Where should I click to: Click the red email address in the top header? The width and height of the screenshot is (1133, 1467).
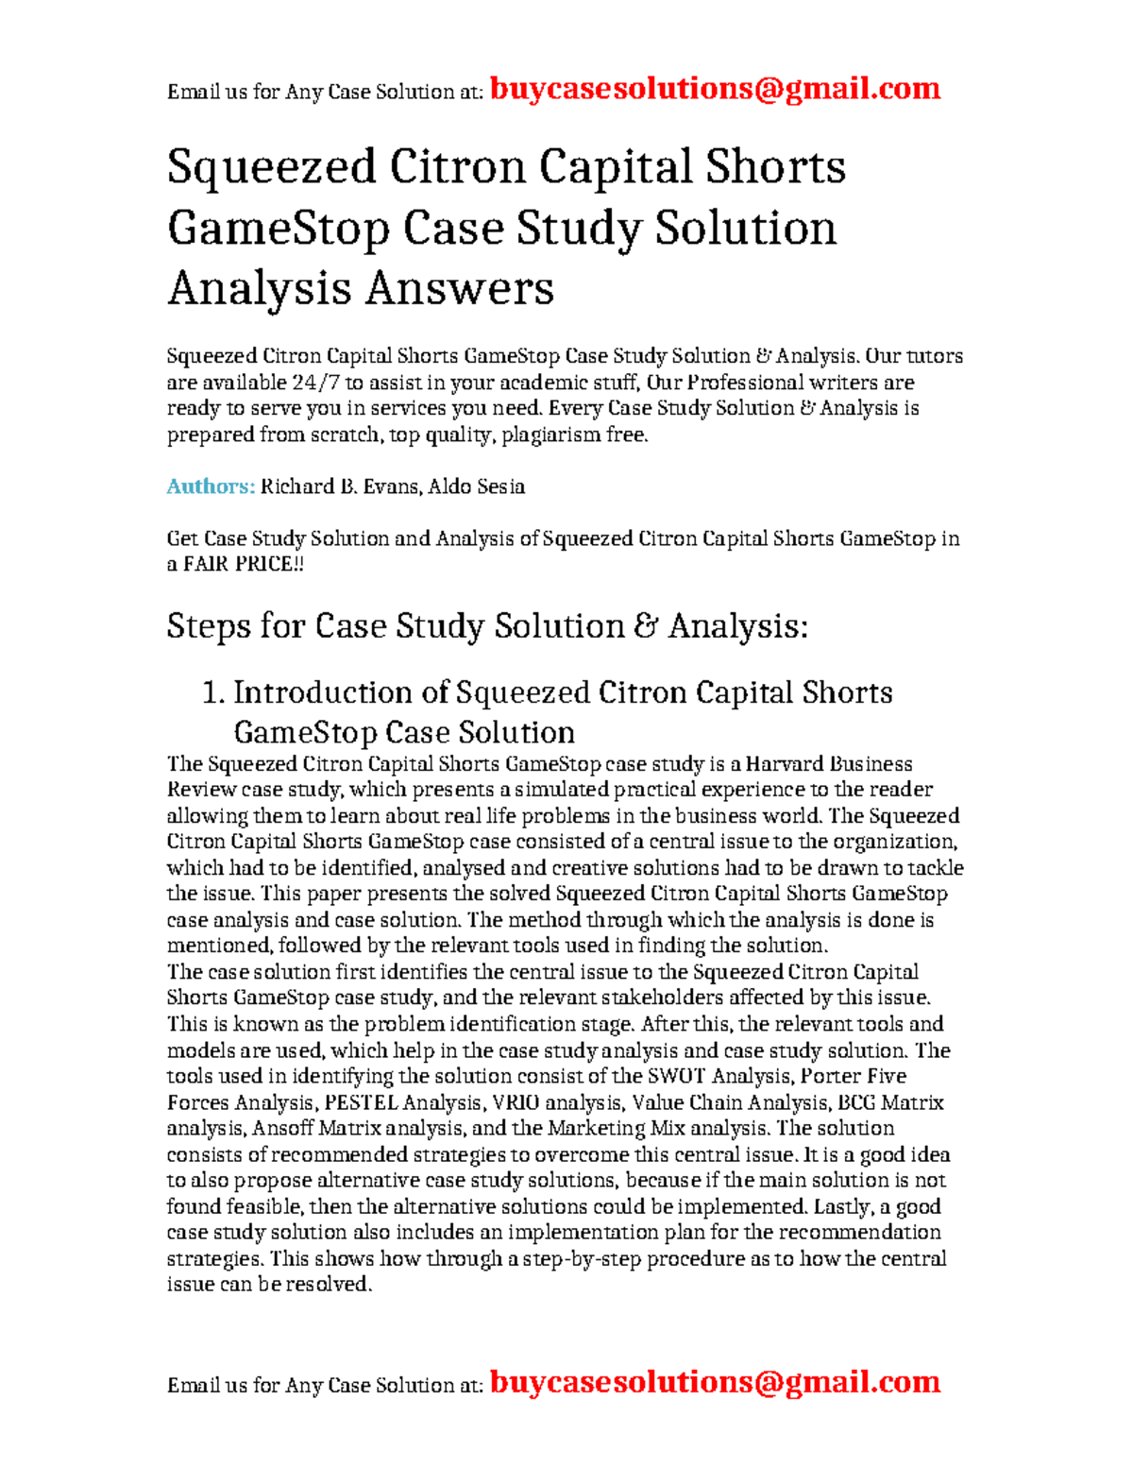(715, 89)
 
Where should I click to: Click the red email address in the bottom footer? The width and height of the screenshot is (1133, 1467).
(715, 1382)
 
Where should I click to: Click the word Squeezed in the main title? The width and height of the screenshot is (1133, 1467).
(271, 168)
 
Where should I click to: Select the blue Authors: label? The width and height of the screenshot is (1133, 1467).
(211, 486)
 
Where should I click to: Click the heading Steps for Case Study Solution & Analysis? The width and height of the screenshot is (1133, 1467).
(487, 626)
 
